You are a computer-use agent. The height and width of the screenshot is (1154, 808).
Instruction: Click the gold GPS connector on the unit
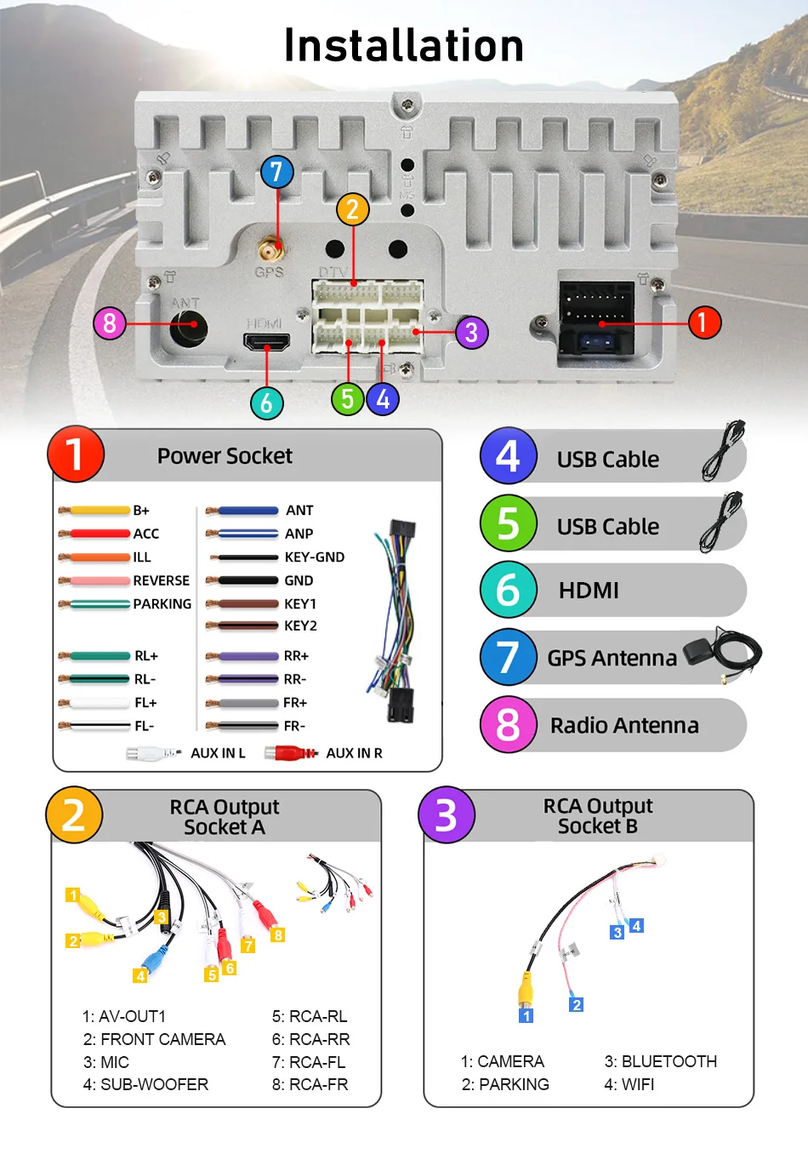tap(270, 250)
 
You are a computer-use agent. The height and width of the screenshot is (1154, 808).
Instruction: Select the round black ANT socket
tap(189, 325)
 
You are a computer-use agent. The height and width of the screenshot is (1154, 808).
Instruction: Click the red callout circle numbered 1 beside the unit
tap(703, 323)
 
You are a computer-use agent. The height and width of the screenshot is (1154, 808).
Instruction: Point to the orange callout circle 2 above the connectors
tap(352, 209)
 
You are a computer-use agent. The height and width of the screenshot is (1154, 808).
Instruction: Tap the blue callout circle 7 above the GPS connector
tap(276, 172)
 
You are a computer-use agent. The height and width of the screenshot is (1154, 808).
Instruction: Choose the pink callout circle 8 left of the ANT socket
tap(110, 323)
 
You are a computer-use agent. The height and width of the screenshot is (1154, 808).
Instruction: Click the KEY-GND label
tap(315, 557)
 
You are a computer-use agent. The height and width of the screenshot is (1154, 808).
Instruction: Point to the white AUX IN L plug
tap(152, 753)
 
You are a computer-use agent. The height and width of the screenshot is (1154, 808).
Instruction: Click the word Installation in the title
tap(404, 46)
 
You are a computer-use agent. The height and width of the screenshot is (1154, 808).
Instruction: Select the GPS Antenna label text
tap(612, 658)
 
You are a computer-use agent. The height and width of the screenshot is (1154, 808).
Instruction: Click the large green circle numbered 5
tap(508, 523)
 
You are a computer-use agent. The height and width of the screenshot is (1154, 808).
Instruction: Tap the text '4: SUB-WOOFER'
tap(145, 1084)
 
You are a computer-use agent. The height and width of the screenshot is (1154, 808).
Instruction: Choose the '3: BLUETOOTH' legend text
tap(660, 1061)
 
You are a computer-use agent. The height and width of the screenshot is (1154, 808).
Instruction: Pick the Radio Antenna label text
tap(624, 725)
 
